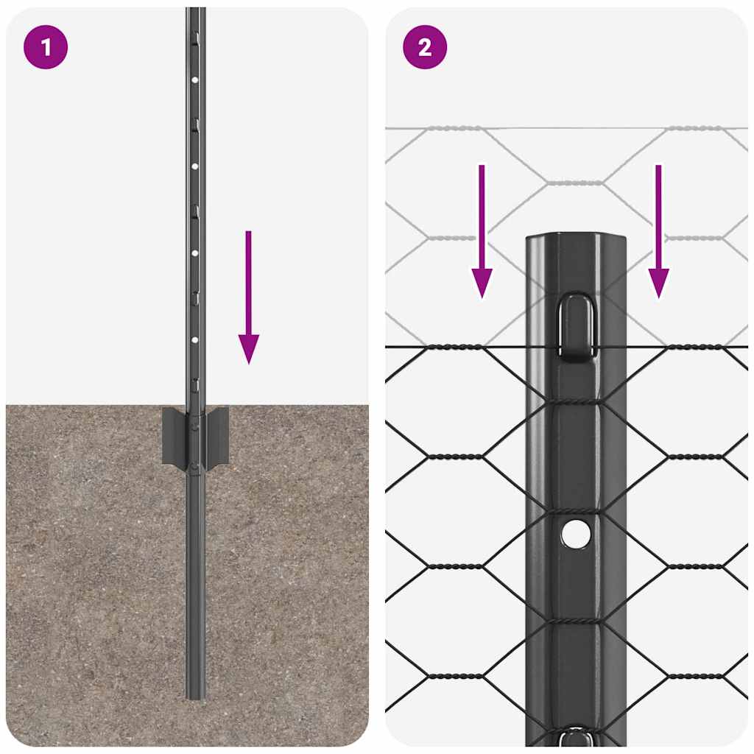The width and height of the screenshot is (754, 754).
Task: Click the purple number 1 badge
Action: coord(46,47)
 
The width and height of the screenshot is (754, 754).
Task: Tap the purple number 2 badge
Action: coord(425,47)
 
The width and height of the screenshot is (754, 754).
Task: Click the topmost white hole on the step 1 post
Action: coord(195,79)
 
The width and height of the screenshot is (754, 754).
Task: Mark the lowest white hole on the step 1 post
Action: coord(195,339)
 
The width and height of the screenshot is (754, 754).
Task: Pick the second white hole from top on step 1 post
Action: coord(195,166)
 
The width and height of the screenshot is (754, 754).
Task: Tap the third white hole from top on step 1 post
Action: coord(195,253)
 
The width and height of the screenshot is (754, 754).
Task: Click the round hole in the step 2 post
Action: coord(576,533)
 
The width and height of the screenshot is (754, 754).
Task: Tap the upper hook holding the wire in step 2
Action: coord(576,325)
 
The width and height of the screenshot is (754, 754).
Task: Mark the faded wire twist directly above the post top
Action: coord(576,182)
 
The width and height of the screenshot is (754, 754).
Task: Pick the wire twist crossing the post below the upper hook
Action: coord(576,402)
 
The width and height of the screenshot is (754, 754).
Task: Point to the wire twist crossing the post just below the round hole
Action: coord(576,621)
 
